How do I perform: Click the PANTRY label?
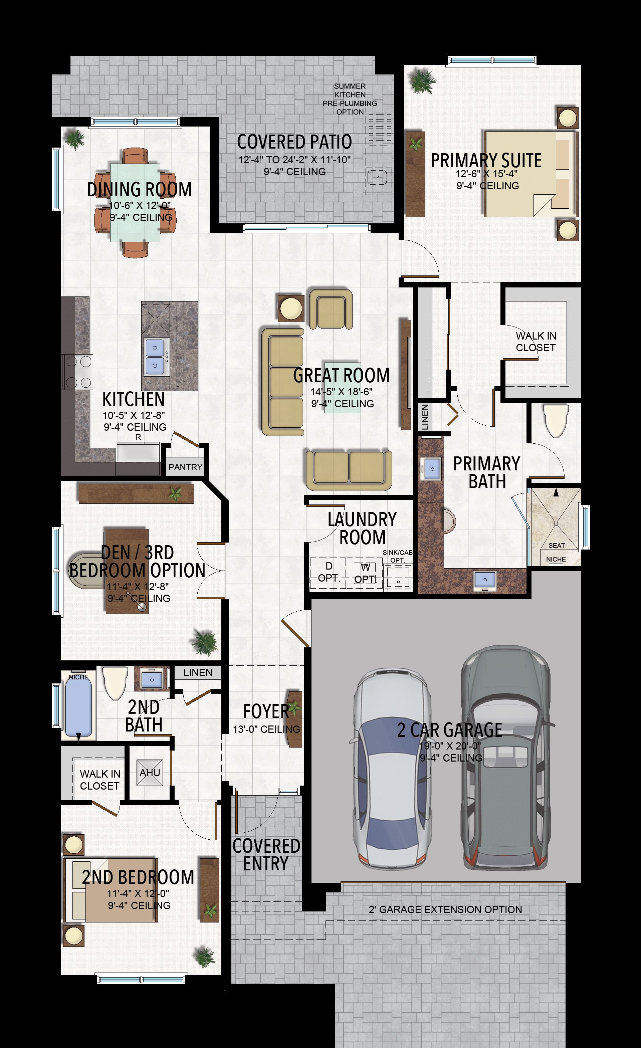185,467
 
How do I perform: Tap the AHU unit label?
150,772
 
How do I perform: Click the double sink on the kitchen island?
155,357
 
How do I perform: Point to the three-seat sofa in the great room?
282,382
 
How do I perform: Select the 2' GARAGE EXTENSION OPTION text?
445,909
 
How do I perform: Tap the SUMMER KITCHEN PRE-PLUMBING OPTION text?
350,99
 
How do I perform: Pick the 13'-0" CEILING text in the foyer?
266,729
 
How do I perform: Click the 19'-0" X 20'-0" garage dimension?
450,746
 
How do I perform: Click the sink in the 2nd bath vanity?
152,679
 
